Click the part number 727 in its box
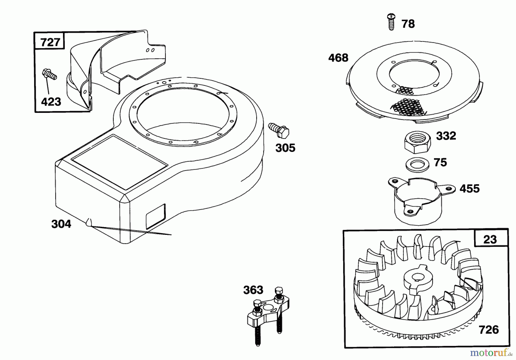pos(50,42)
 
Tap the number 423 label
pos(51,102)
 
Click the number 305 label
pos(285,148)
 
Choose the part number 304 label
pos(61,224)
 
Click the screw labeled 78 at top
pos(391,21)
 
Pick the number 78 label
pos(408,24)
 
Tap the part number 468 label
pos(338,58)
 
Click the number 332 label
pos(446,136)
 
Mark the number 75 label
pos(440,162)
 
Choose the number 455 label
pos(470,189)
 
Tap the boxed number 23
pos(490,239)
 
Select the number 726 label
pos(489,330)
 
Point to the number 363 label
pos(253,290)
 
